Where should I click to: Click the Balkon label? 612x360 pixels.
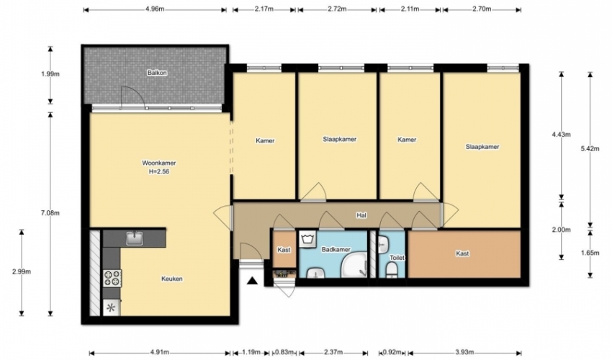[157, 73]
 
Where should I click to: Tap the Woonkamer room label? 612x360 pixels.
[159, 163]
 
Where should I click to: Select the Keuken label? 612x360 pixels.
[172, 279]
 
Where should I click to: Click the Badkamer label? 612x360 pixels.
[336, 249]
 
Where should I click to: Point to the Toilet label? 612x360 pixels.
[397, 258]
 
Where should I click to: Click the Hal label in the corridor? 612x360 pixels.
[361, 215]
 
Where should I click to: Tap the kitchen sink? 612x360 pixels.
[135, 238]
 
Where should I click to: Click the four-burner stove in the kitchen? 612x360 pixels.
[112, 279]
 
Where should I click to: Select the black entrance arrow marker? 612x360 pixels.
[253, 280]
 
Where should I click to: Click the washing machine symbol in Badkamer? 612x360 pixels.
[308, 238]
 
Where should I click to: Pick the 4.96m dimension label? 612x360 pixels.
[155, 9]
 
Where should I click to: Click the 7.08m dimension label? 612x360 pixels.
[50, 213]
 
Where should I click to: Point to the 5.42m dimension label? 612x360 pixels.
[590, 148]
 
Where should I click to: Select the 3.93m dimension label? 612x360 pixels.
[464, 353]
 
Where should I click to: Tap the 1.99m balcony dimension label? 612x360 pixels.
[50, 73]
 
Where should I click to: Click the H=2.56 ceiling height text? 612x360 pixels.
[159, 171]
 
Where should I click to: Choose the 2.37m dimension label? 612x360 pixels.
[333, 353]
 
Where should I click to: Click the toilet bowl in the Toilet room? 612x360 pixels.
[391, 270]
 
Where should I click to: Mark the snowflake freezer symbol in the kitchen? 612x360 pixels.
[111, 307]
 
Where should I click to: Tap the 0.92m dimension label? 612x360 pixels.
[392, 353]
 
